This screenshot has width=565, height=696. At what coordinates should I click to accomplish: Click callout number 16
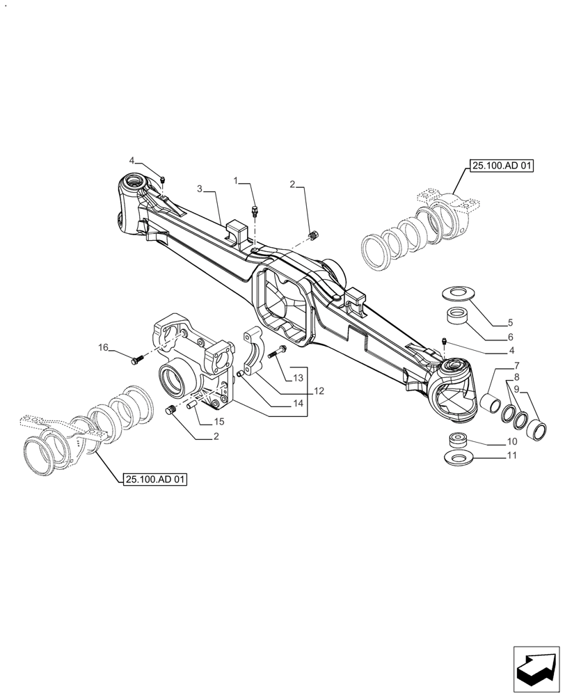coord(103,347)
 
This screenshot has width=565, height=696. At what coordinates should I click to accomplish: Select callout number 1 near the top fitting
coord(237,181)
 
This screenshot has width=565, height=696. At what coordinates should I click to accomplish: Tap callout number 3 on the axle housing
coord(200,189)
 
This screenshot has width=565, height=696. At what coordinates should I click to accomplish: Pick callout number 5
coord(510,323)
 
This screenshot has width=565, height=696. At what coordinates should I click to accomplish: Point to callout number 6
coord(510,337)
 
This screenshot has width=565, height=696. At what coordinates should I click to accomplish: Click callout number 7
coord(517,366)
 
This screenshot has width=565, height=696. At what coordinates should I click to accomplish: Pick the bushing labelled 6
coord(458,318)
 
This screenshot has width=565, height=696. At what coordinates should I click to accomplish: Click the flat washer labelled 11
coord(458,458)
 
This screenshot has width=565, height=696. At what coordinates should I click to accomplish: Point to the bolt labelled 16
coord(136,360)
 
